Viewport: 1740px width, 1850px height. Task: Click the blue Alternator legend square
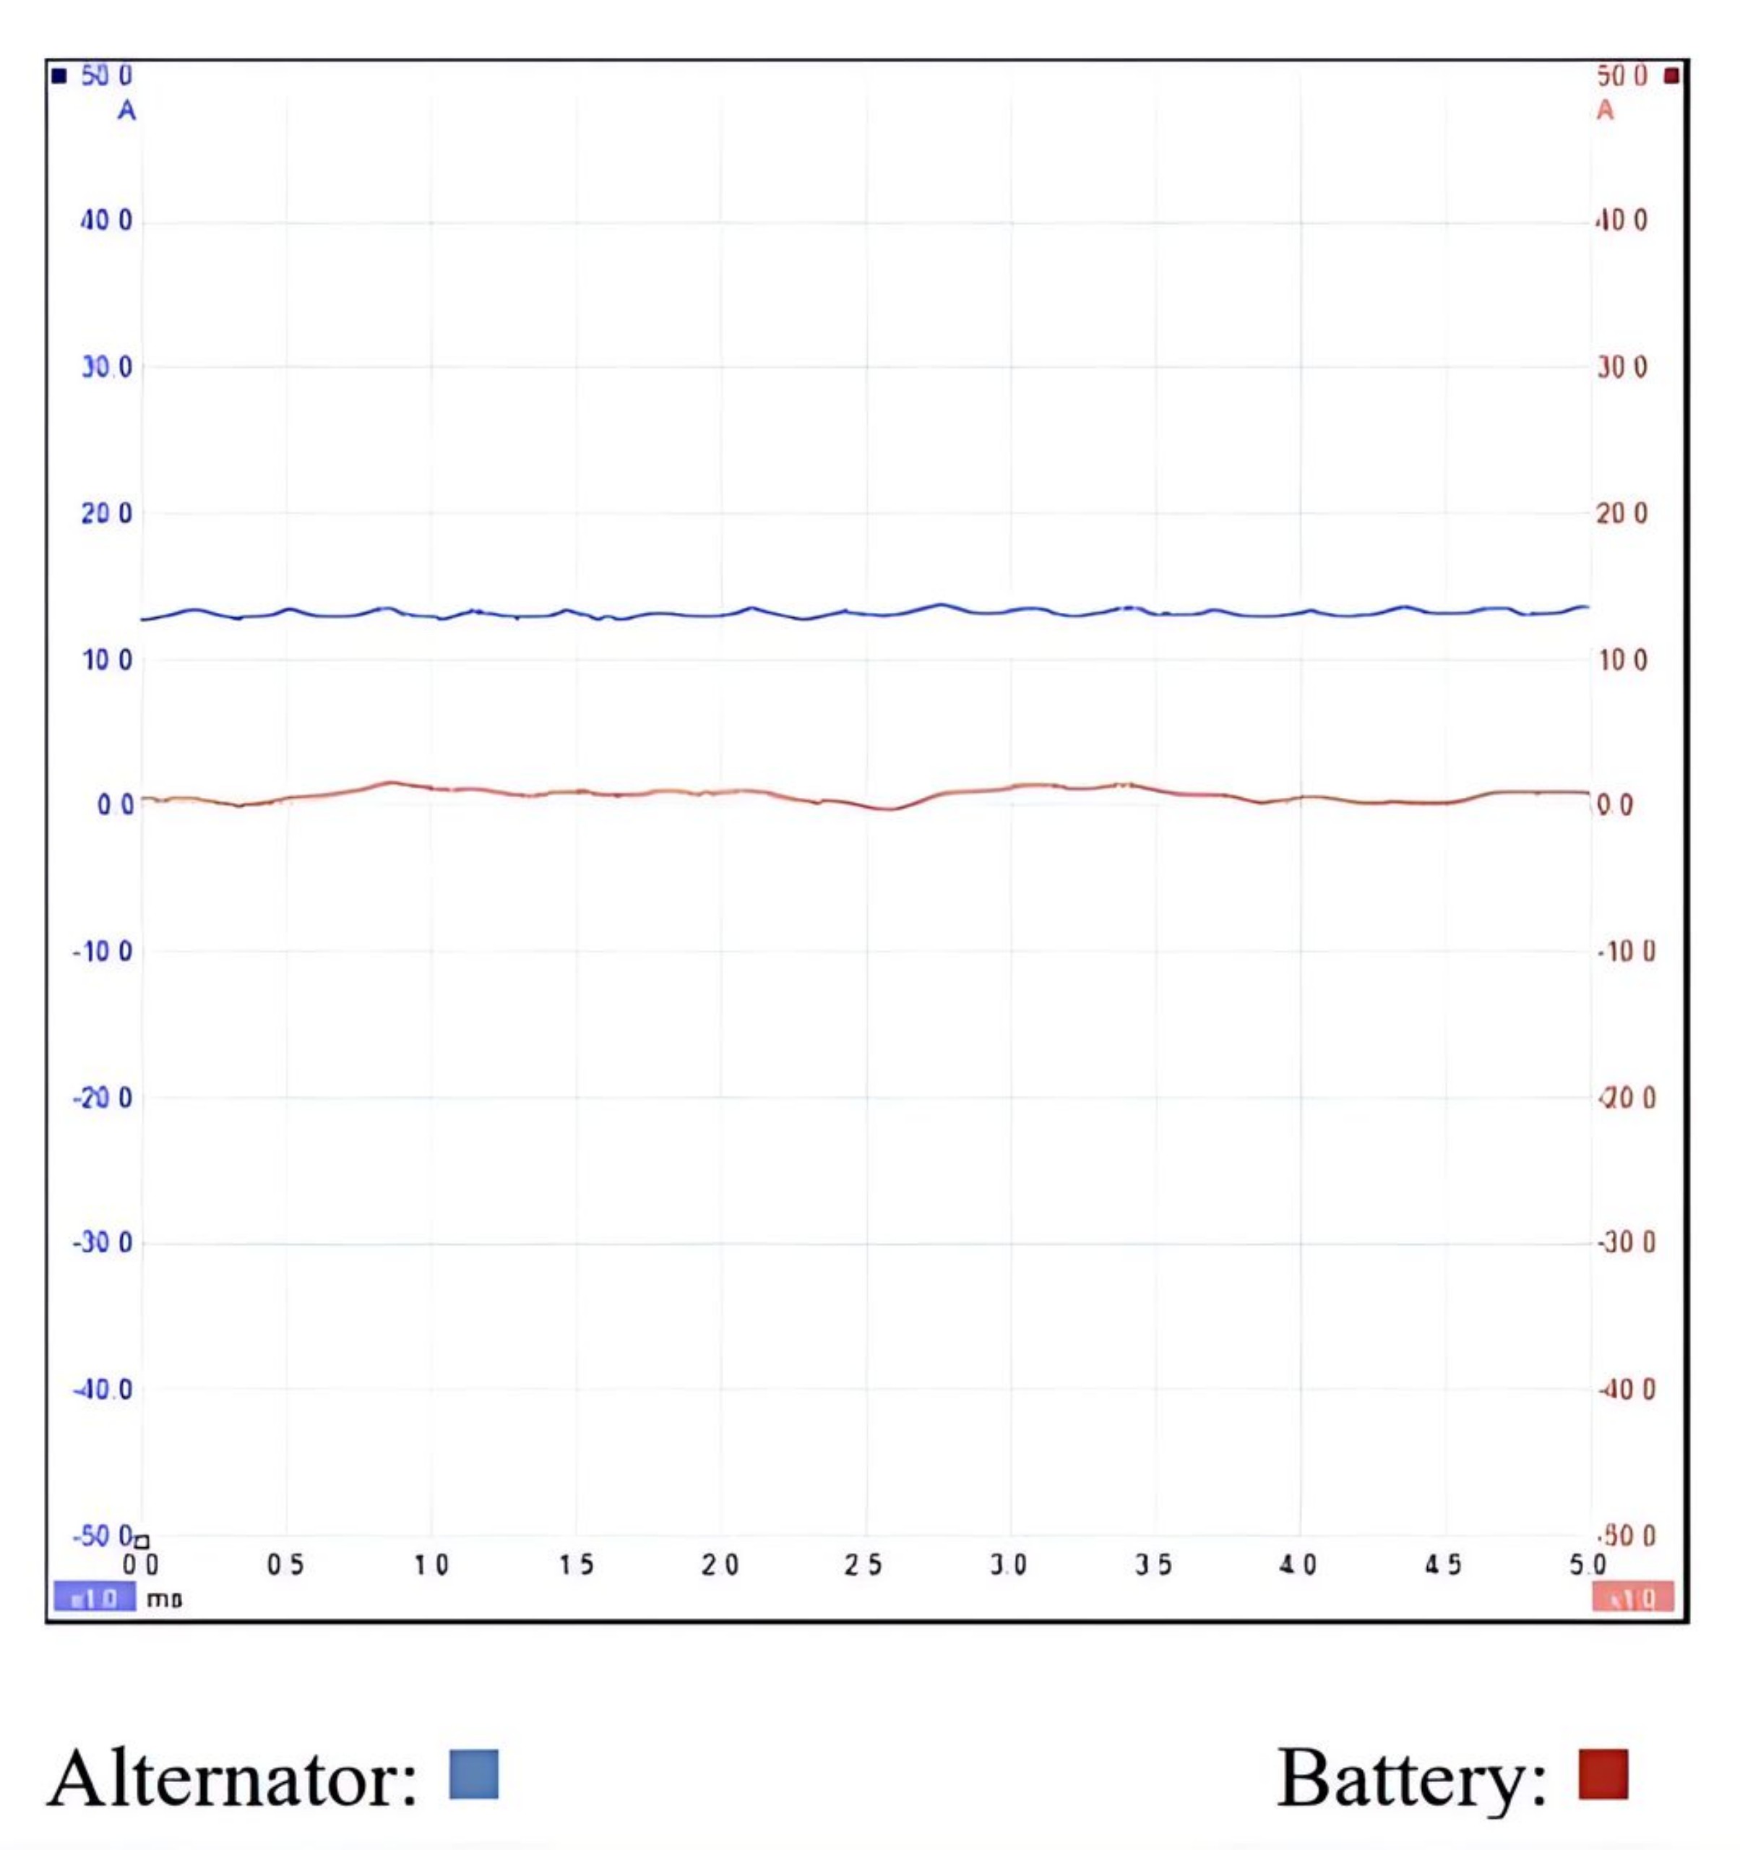473,1773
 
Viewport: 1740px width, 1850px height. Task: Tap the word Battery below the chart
1410,1778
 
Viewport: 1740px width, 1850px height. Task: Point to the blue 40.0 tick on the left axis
106,220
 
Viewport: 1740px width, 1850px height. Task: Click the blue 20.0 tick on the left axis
106,513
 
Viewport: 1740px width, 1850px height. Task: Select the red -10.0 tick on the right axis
1626,951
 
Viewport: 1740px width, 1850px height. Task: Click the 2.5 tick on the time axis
863,1565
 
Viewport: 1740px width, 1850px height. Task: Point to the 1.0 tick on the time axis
431,1565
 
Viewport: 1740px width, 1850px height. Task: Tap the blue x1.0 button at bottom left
94,1599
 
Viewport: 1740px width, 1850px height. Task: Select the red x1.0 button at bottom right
1632,1599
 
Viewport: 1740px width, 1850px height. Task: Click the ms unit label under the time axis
164,1600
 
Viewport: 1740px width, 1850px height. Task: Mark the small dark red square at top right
1671,75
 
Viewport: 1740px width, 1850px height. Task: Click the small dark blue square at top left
59,75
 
